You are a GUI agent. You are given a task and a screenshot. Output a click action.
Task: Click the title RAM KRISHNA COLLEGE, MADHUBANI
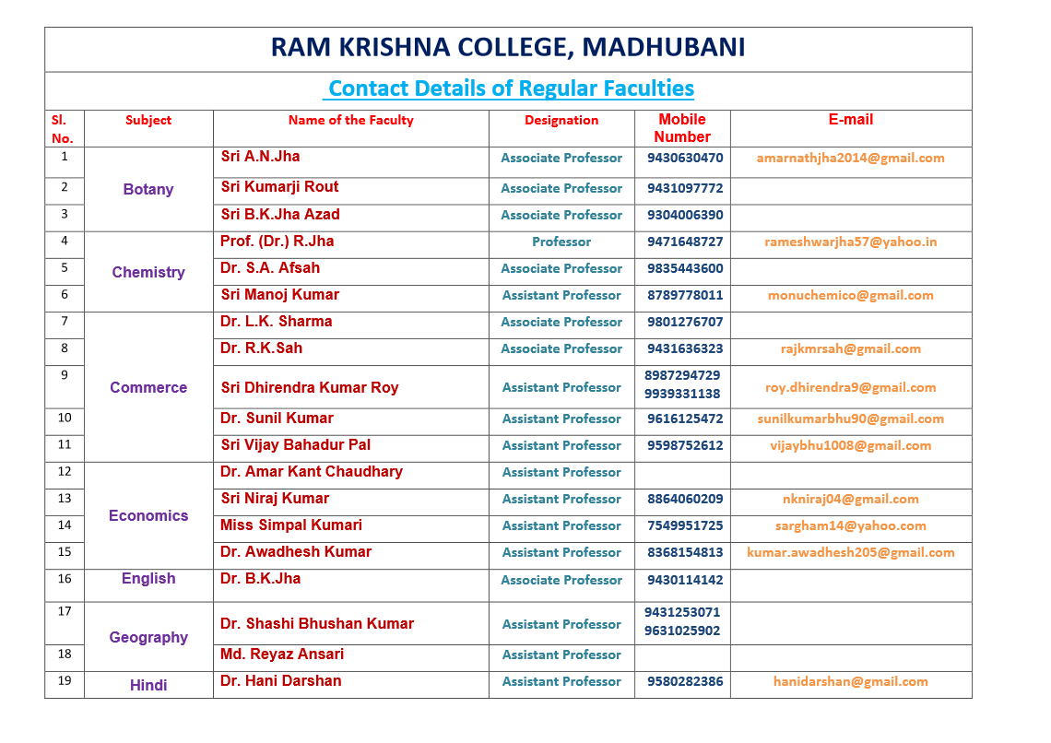508,48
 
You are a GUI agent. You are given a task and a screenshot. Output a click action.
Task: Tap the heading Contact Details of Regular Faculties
511,88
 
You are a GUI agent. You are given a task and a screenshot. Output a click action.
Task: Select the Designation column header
561,120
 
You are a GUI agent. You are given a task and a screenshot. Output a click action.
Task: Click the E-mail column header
850,120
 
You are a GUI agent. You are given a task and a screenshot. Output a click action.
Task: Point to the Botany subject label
148,189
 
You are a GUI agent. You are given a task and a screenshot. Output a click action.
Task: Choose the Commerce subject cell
148,387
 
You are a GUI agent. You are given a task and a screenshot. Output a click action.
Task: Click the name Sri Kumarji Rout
279,187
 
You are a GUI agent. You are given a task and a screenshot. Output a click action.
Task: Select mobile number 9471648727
685,242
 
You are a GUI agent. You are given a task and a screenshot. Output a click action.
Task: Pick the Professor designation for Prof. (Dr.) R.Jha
561,242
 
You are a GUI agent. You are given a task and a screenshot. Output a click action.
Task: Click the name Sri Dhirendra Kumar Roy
310,387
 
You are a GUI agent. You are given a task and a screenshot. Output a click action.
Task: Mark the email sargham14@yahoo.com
850,525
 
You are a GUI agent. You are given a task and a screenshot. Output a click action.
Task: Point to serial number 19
65,681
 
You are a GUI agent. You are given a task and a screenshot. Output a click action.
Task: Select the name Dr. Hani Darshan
280,681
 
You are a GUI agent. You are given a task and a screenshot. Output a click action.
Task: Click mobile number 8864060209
685,499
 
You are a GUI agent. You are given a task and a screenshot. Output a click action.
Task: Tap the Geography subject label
148,637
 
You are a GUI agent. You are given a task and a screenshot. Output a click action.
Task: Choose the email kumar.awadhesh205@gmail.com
850,552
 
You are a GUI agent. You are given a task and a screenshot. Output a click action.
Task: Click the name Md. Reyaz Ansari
282,655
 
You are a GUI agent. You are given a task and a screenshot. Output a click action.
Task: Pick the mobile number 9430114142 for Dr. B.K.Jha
685,580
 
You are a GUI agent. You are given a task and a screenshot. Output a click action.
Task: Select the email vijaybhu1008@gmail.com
850,445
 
